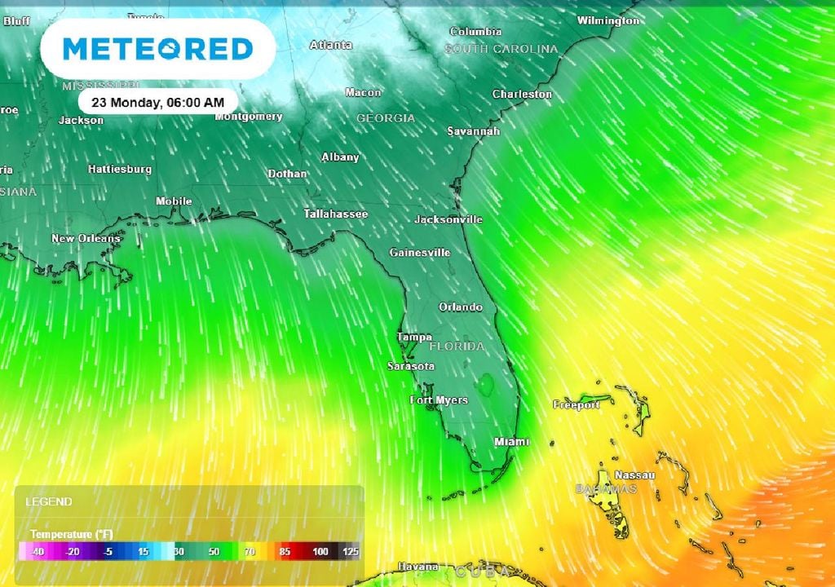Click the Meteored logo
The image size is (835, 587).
pyautogui.click(x=157, y=49)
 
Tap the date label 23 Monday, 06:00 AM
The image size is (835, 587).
pyautogui.click(x=158, y=102)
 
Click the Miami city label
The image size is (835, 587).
pyautogui.click(x=511, y=442)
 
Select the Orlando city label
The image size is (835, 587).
pyautogui.click(x=461, y=307)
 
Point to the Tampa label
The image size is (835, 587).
pyautogui.click(x=414, y=338)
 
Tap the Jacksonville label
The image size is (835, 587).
pyautogui.click(x=448, y=219)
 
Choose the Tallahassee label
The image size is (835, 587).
pyautogui.click(x=336, y=214)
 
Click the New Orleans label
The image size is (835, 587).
pyautogui.click(x=86, y=239)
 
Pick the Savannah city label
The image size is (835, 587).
pyautogui.click(x=473, y=131)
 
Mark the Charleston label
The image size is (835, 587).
pyautogui.click(x=522, y=95)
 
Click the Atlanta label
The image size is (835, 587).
pyautogui.click(x=331, y=45)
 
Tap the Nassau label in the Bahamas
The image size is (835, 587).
pyautogui.click(x=635, y=475)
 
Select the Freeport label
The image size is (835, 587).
pyautogui.click(x=577, y=405)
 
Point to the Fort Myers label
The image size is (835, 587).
pyautogui.click(x=439, y=400)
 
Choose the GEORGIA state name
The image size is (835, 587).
pyautogui.click(x=386, y=118)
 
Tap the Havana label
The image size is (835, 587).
pyautogui.click(x=418, y=567)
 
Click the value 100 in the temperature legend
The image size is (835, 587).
pyautogui.click(x=320, y=552)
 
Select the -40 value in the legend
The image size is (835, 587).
pyautogui.click(x=37, y=552)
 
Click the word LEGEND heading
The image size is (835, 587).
pyautogui.click(x=49, y=502)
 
